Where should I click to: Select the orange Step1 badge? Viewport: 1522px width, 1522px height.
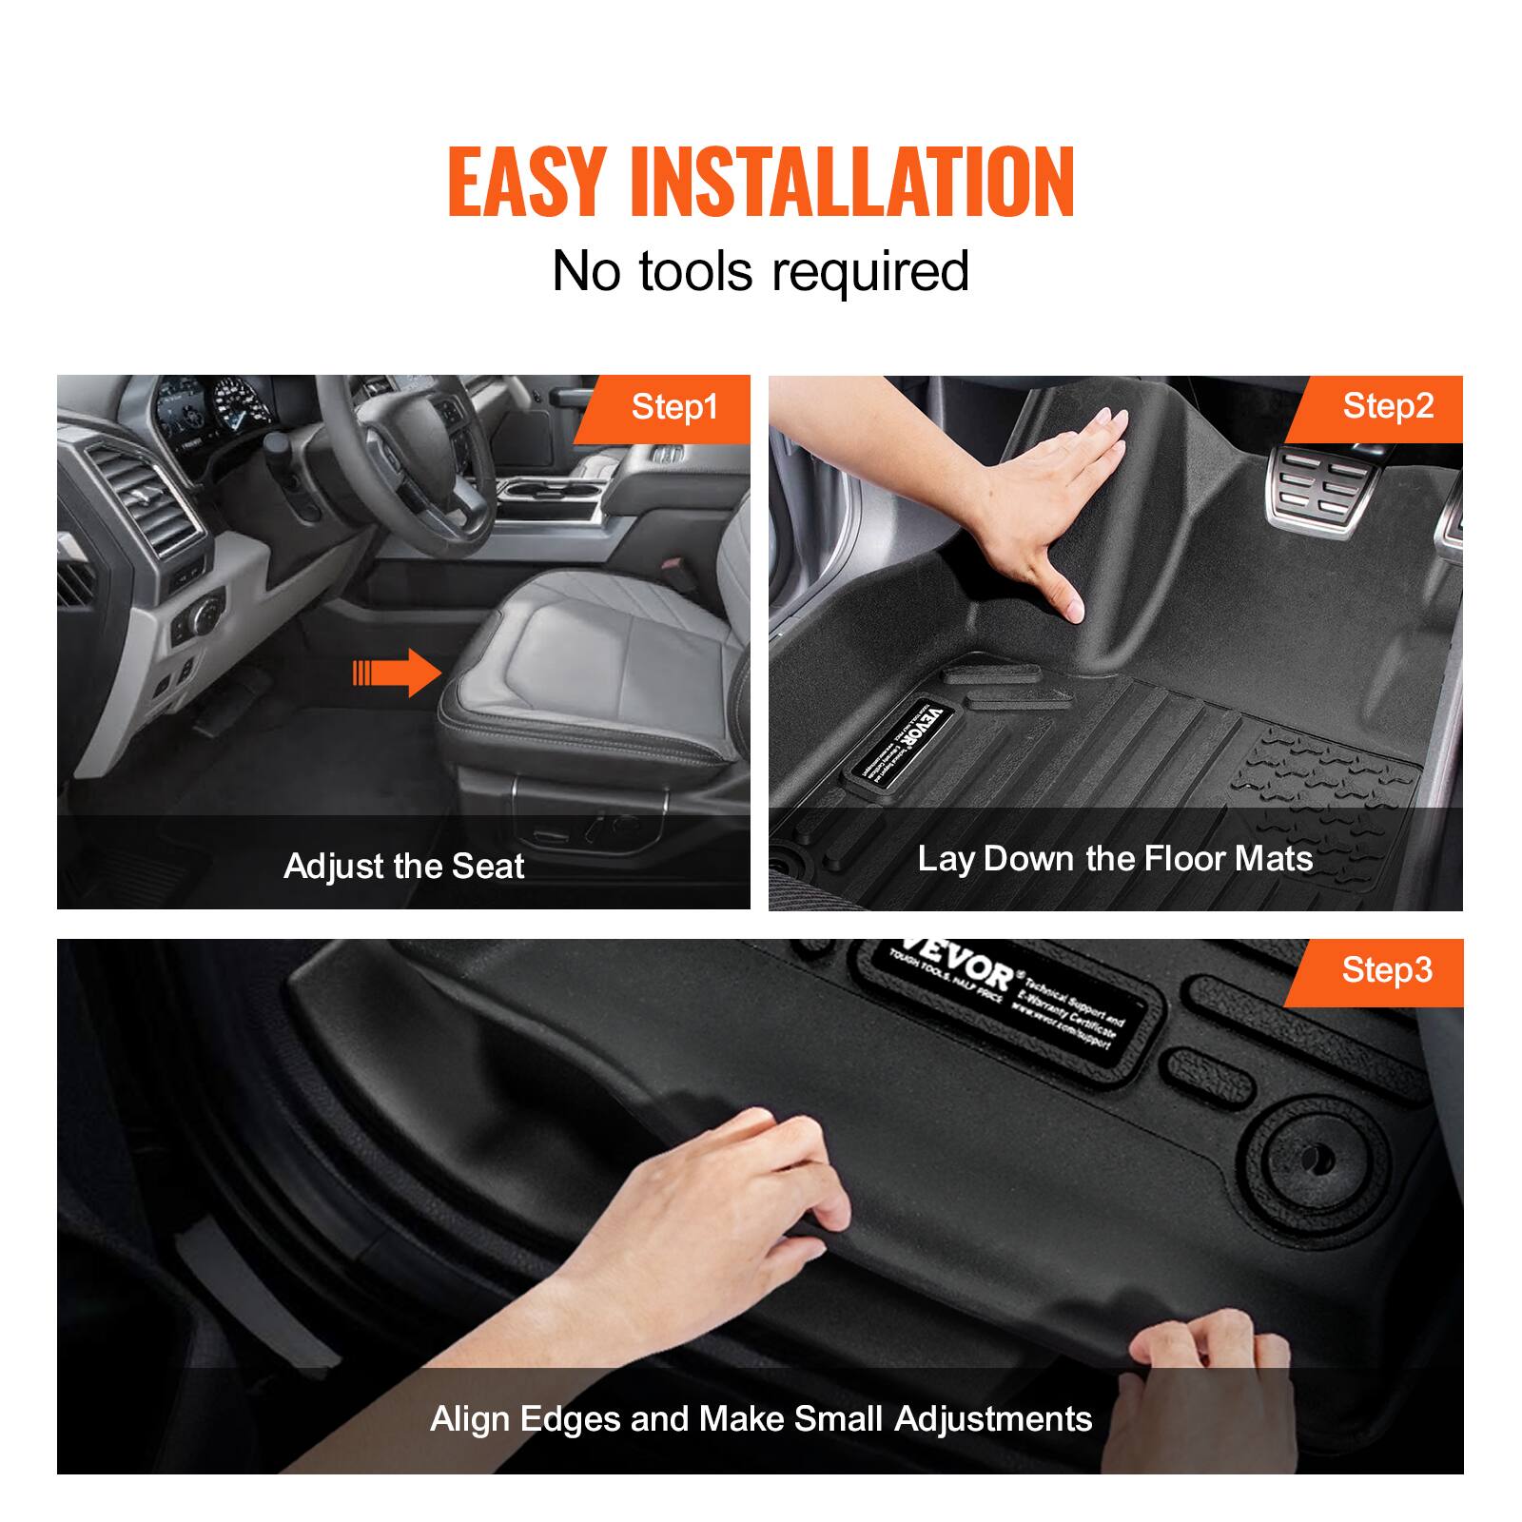click(673, 407)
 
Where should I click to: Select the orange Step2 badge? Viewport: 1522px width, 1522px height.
click(1387, 406)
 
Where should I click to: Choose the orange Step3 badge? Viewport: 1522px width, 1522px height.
click(1386, 970)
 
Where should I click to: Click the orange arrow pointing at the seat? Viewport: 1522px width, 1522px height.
click(397, 673)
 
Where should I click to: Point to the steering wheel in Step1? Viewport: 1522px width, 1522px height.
click(400, 447)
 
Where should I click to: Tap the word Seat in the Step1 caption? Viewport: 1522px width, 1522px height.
click(488, 867)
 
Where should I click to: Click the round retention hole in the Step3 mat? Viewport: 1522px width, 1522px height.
click(1314, 1161)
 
